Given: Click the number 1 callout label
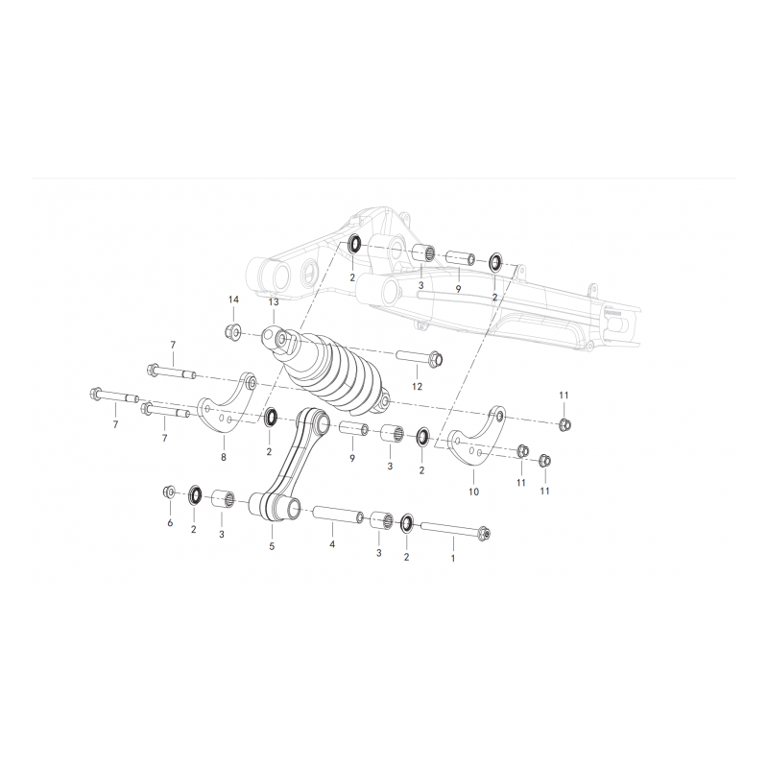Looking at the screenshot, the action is point(453,558).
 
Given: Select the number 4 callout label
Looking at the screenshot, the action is point(332,544).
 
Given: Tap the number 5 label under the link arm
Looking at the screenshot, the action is point(272,546).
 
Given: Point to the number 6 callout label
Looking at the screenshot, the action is point(170,523).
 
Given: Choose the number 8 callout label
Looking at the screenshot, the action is point(224,458).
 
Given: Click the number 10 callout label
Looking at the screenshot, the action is point(473,492).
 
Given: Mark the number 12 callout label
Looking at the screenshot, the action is point(417,387).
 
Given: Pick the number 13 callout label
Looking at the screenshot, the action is point(274,302).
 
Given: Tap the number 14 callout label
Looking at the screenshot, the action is point(233,300).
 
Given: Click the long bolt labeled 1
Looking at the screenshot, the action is point(455,529).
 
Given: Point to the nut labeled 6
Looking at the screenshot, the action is point(169,492).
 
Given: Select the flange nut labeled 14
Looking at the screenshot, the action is point(232,332).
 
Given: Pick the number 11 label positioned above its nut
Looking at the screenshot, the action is point(564,396).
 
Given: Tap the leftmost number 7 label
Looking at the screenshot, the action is point(115,424).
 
